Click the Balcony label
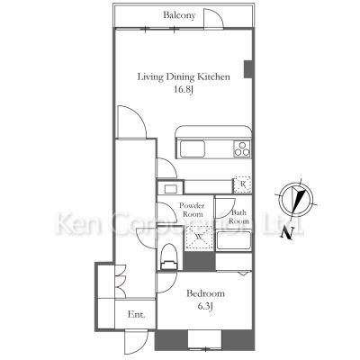(x=179, y=15)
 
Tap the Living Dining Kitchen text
(x=184, y=76)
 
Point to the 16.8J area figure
(x=183, y=90)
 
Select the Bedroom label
(x=205, y=293)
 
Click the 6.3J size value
(x=205, y=306)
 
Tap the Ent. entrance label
(x=137, y=314)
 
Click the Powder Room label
(x=192, y=210)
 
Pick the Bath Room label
(x=238, y=217)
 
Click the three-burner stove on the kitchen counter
(x=242, y=148)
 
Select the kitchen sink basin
(x=193, y=148)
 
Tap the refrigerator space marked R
(x=242, y=185)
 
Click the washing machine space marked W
(x=199, y=237)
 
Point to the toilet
(x=169, y=256)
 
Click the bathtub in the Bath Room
(x=234, y=240)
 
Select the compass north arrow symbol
(x=296, y=199)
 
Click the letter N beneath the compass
(x=287, y=233)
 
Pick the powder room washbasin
(x=170, y=189)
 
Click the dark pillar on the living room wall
(x=247, y=69)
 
